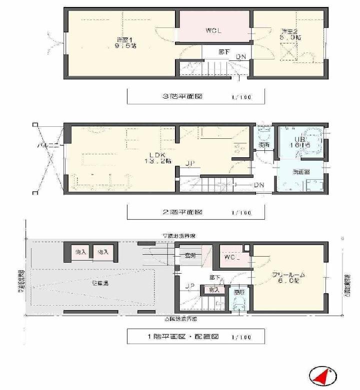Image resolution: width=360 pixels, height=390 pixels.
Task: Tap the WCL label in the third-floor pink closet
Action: pos(213,30)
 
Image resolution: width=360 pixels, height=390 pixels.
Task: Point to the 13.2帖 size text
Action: pos(158,161)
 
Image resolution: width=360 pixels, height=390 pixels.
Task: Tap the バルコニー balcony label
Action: pos(48,146)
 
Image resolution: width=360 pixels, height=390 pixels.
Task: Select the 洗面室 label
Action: pos(300,172)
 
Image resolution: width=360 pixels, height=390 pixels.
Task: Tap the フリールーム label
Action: pos(288,275)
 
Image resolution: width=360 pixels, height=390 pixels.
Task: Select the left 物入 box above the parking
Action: pos(80,252)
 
